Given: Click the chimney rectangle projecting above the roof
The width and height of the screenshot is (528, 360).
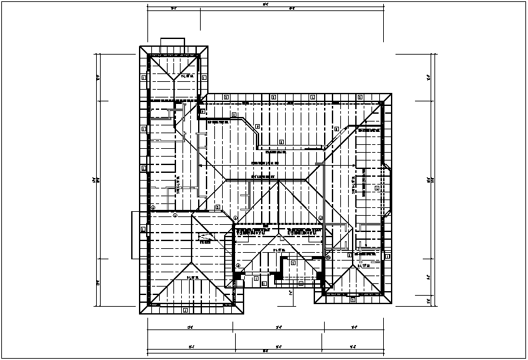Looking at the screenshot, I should pyautogui.click(x=173, y=42).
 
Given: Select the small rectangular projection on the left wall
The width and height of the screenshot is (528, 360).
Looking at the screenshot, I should pyautogui.click(x=134, y=222).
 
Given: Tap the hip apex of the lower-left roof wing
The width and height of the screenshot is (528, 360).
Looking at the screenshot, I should pyautogui.click(x=191, y=263).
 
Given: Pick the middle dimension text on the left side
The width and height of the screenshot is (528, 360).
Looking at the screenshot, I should pyautogui.click(x=94, y=179).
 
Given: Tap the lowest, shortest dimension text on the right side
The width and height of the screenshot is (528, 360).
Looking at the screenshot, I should pyautogui.click(x=429, y=300).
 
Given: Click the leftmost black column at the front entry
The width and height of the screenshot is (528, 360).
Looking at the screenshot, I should pyautogui.click(x=237, y=277).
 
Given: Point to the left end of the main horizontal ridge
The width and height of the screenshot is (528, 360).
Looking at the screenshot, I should pyautogui.click(x=225, y=179).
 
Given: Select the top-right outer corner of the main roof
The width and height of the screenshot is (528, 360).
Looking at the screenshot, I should pyautogui.click(x=393, y=94).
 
